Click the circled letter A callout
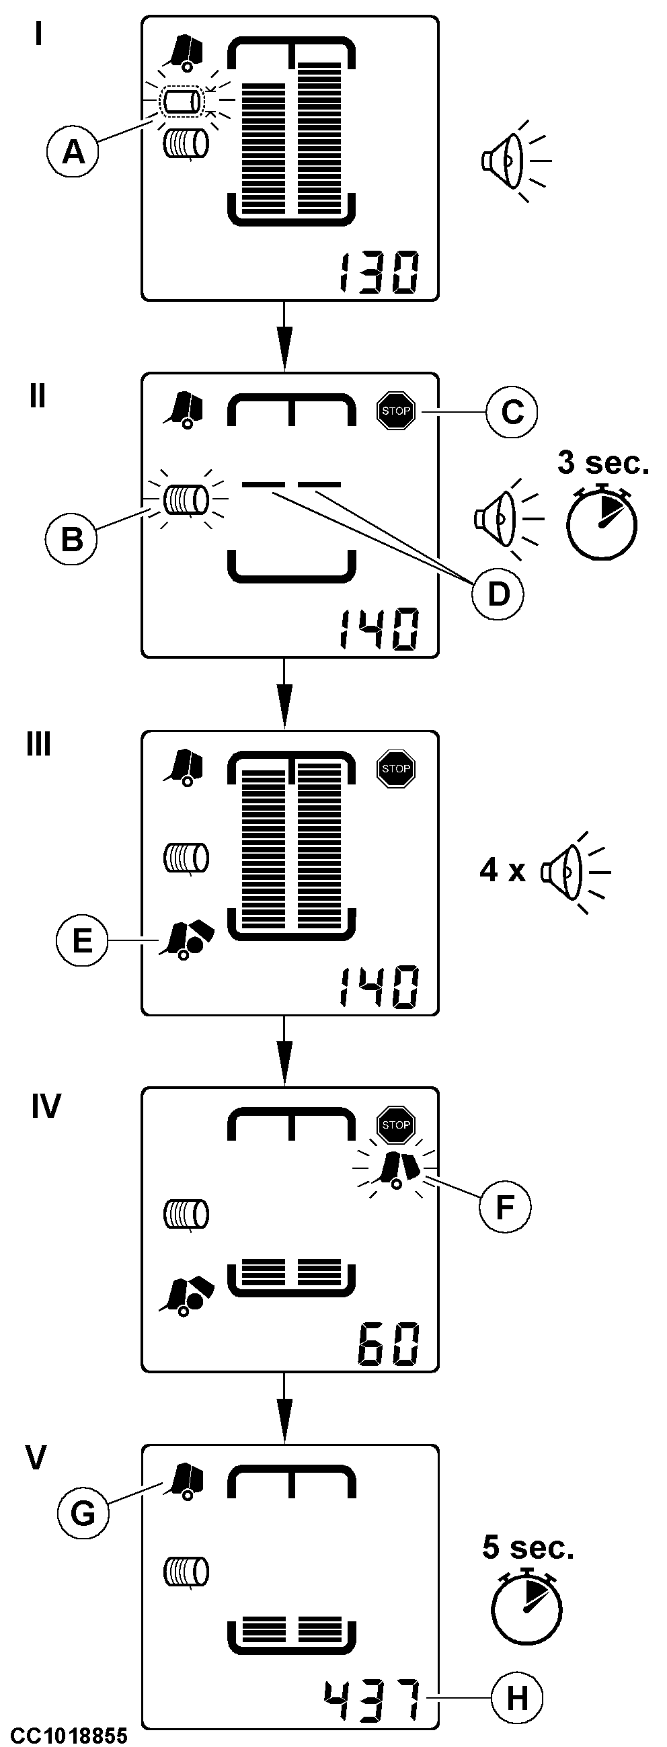point(73,152)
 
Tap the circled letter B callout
point(71,540)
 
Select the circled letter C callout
point(512,411)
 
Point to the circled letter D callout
point(498,594)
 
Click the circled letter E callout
point(82,940)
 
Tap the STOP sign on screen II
point(395,411)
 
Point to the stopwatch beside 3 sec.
point(601,522)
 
